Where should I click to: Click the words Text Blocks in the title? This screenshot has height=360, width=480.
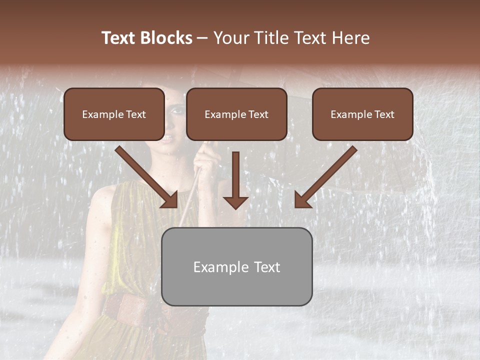point(146,38)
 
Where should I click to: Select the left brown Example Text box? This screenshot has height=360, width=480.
point(114,114)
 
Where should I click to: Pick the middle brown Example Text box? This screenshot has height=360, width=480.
point(236,114)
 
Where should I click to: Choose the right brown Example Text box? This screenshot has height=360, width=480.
point(362,114)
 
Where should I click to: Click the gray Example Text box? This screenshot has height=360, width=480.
point(236,266)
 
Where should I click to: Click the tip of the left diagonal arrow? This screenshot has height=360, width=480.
point(176,206)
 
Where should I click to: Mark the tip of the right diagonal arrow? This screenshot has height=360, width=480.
point(296,206)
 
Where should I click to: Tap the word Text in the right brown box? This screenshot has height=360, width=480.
point(383,114)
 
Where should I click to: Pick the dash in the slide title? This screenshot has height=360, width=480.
point(203,38)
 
